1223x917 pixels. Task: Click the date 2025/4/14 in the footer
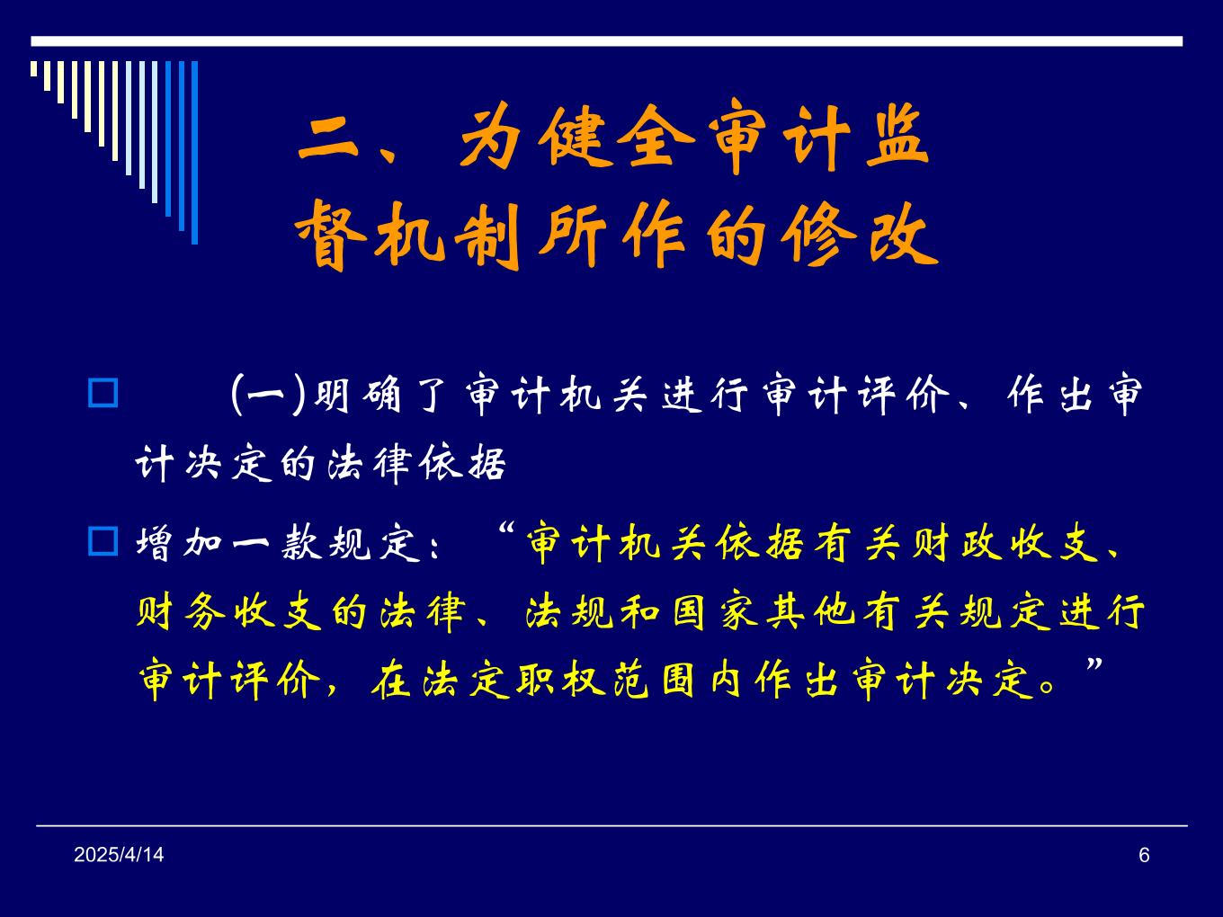[x=119, y=855]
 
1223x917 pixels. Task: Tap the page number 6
[x=1144, y=855]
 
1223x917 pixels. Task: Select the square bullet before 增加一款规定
[x=103, y=541]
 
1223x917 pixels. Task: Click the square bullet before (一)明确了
[x=103, y=393]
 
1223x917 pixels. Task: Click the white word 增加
[x=180, y=542]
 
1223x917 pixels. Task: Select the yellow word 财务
[x=182, y=611]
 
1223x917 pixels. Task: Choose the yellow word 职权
[x=561, y=680]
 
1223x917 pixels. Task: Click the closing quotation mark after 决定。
[x=1094, y=664]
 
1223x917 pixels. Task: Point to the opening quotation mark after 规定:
[x=504, y=528]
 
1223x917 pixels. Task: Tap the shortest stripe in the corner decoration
[x=34, y=68]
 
